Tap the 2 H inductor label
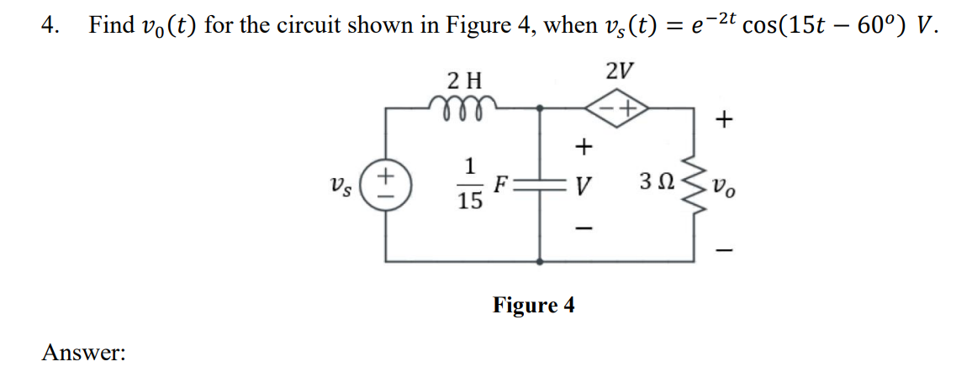(464, 81)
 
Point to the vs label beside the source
(342, 183)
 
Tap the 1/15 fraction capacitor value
(472, 184)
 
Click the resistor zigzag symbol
(695, 184)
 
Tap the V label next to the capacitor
(580, 185)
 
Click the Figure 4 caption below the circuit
(534, 305)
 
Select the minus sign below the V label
(580, 227)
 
